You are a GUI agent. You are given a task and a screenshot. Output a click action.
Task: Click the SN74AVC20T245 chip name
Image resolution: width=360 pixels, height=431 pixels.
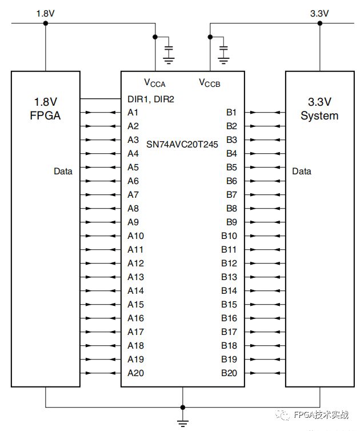coord(182,144)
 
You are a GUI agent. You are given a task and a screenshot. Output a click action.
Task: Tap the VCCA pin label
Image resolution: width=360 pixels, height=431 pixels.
coord(155,83)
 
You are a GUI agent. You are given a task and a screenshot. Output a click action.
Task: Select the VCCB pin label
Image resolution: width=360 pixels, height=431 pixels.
coord(210,83)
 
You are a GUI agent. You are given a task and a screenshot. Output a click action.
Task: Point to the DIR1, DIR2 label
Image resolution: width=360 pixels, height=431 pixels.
coord(151,99)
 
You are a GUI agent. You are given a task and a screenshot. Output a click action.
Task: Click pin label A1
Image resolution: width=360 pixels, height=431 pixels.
coord(133,113)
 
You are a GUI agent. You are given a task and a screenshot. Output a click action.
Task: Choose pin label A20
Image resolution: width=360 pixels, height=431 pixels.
coord(136,373)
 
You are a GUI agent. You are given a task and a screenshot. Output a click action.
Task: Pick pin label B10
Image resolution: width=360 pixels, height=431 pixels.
coord(229,236)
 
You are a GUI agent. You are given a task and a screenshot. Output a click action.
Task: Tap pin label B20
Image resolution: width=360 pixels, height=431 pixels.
coord(229,373)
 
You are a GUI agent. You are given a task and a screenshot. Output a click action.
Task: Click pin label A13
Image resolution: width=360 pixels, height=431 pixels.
coord(136,277)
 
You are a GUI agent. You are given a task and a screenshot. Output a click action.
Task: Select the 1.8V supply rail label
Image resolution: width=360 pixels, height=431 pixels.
coord(45,13)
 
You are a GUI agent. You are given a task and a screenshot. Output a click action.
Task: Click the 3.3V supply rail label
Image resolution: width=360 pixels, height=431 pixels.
coord(319,13)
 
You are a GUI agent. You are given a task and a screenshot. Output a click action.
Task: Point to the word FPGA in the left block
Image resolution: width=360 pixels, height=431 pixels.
coord(45,115)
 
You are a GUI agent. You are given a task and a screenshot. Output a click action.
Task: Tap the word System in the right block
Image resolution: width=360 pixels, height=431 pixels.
coord(319,115)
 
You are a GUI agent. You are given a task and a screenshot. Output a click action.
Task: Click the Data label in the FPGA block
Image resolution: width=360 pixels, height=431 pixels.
coord(63,171)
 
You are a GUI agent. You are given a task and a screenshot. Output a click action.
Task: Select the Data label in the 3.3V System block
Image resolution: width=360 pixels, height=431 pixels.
coord(302,171)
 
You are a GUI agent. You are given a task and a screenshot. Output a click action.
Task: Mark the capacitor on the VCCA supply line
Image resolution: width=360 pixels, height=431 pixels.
coord(169,48)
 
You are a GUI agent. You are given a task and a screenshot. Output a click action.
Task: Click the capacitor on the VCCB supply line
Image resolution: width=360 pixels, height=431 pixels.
coord(223,48)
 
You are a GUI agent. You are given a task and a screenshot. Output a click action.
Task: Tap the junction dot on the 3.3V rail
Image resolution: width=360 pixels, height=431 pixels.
coord(320,23)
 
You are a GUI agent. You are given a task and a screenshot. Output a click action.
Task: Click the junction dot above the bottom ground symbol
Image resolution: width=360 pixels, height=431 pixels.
coord(183,407)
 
